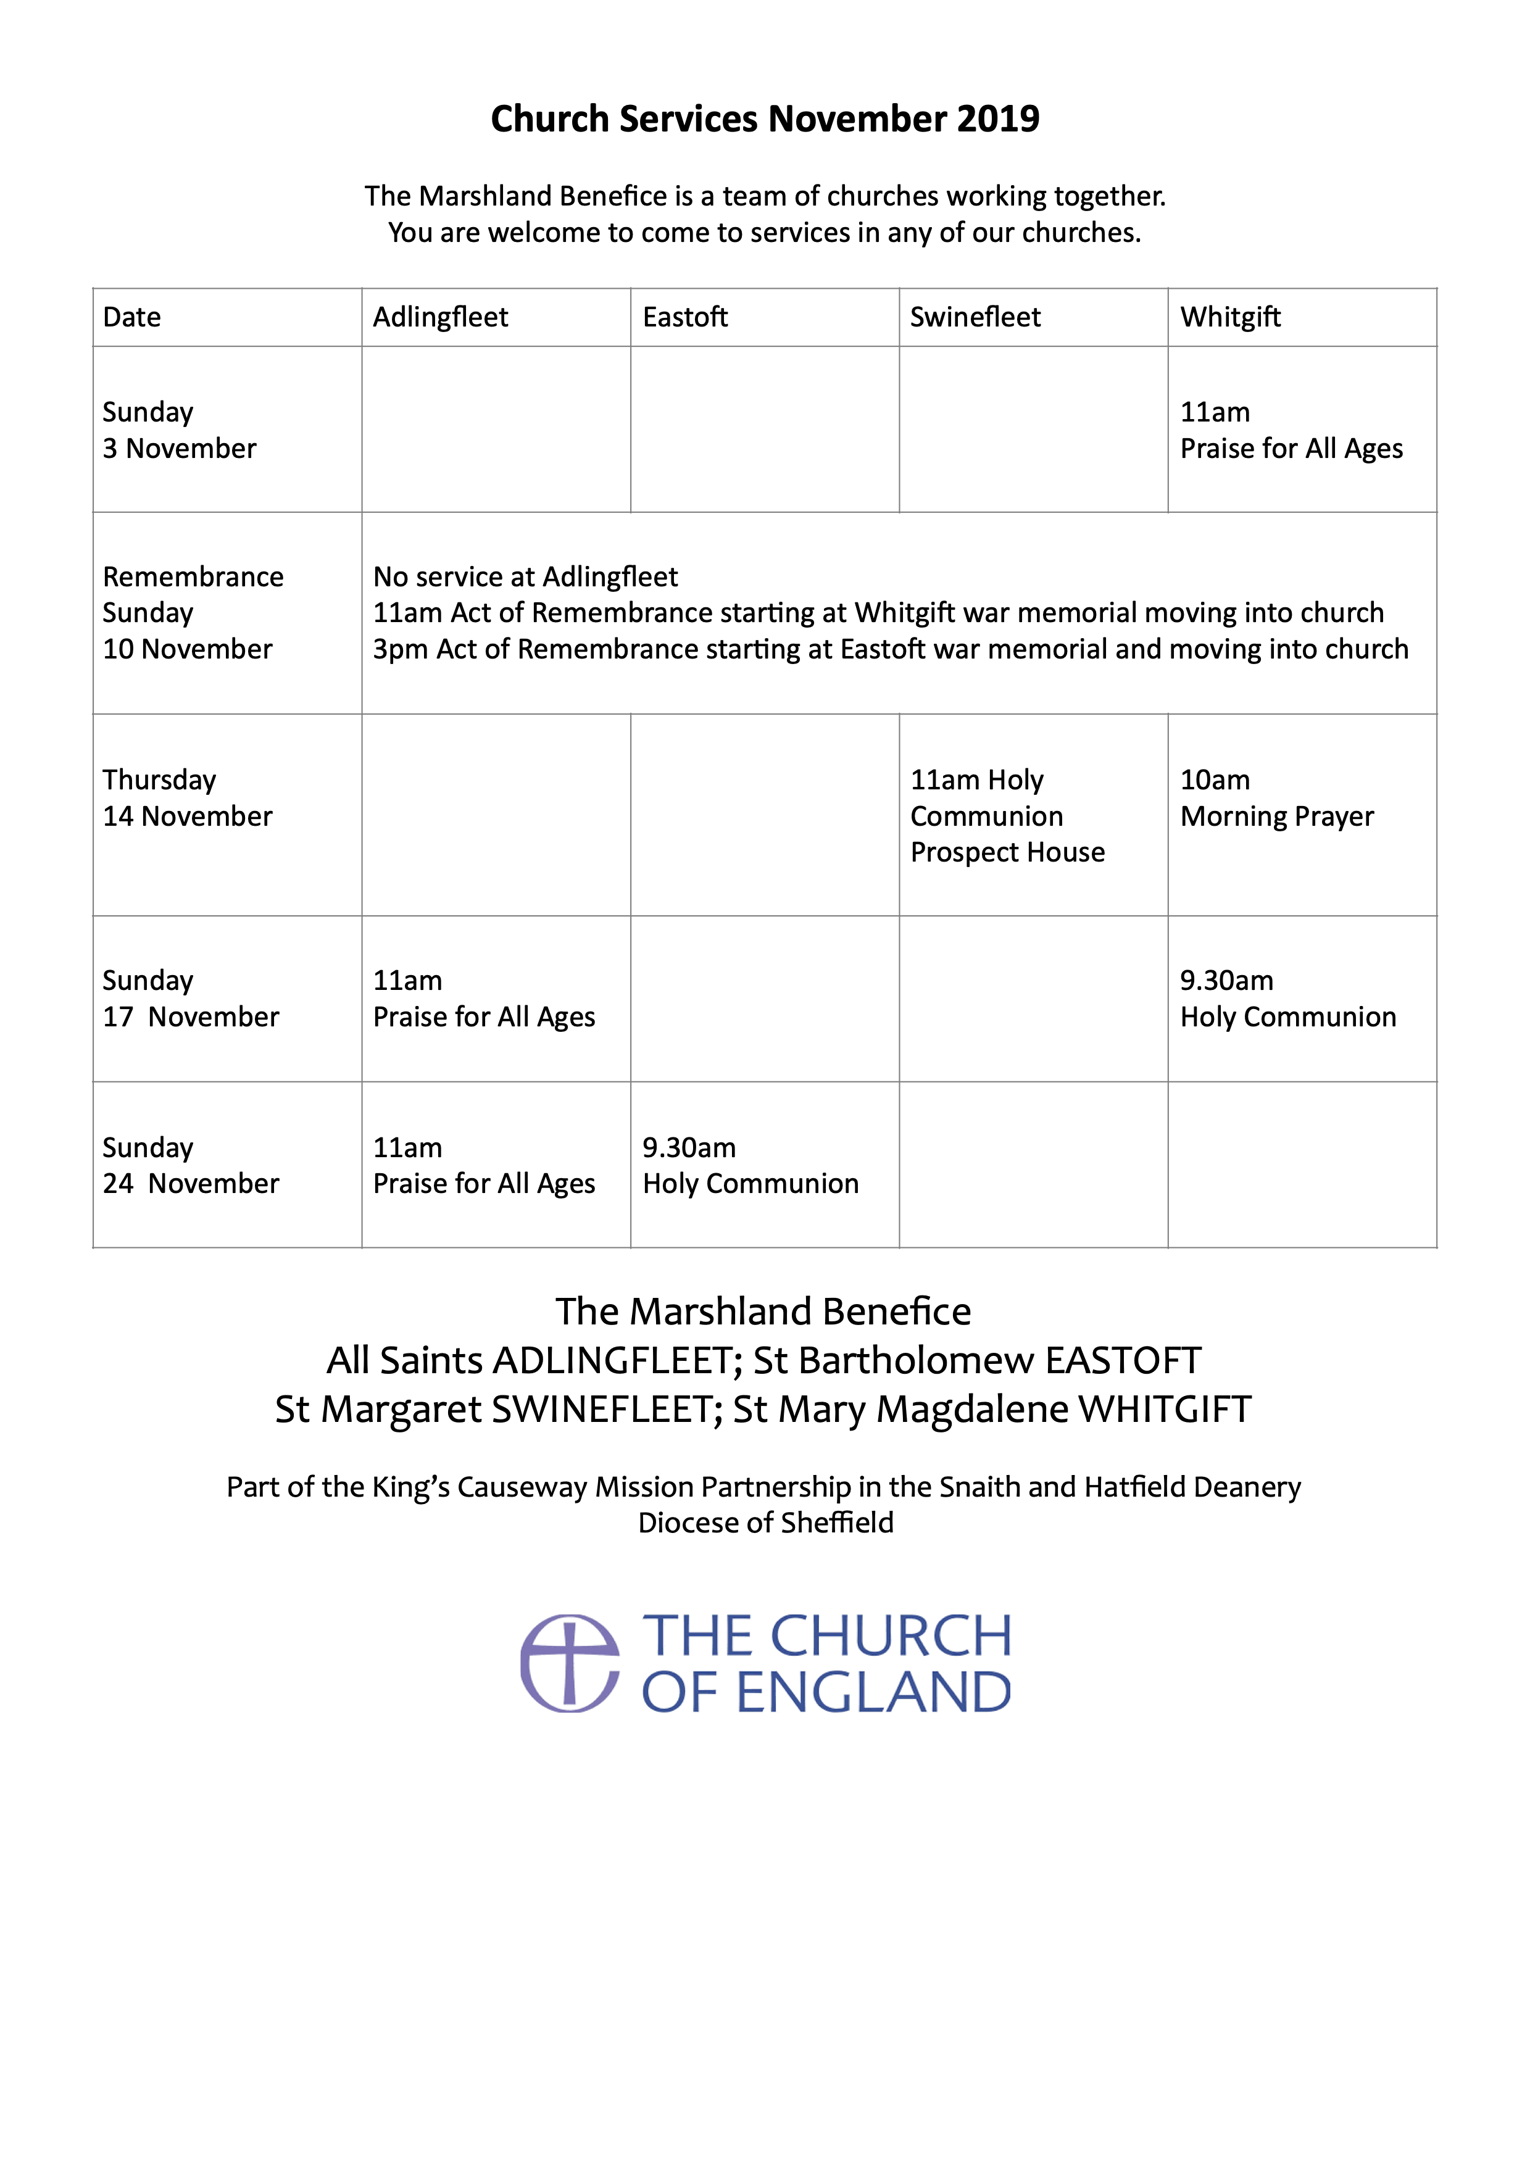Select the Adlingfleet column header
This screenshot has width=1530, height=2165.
point(440,317)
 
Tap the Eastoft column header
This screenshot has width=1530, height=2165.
point(685,317)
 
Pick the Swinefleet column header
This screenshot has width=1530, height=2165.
point(975,317)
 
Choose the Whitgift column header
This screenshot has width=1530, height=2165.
point(1230,317)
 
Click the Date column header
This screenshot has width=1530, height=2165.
point(132,317)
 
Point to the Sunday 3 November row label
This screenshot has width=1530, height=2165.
point(179,430)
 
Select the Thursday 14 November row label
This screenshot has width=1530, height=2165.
point(186,798)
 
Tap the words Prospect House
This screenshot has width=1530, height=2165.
point(1007,852)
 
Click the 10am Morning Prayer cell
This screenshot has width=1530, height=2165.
point(1276,798)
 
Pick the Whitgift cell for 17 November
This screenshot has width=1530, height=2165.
point(1287,999)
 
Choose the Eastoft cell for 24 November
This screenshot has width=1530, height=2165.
point(750,1165)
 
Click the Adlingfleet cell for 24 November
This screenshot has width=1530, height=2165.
point(484,1165)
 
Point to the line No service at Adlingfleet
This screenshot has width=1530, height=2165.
point(525,576)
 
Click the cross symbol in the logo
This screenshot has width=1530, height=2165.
point(570,1663)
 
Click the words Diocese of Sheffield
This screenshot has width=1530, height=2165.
point(765,1523)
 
